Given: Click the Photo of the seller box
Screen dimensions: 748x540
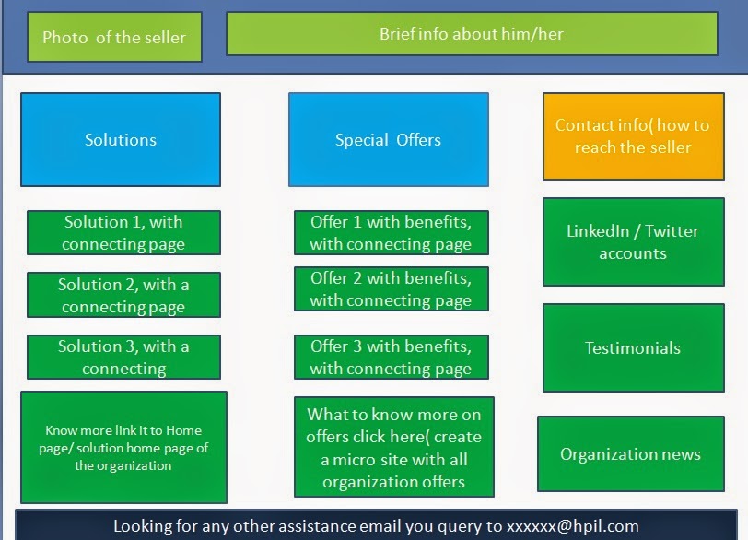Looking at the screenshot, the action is click(114, 37).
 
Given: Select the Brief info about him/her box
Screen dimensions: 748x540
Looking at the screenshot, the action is click(471, 34).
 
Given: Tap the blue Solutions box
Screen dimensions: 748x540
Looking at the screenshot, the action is click(121, 139).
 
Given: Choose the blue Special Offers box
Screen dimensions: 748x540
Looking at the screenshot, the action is click(388, 139).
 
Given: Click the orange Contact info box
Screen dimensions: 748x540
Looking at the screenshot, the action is click(632, 136).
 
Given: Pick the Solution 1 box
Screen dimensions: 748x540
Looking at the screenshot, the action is click(123, 232).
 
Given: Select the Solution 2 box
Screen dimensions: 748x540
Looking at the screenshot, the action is click(123, 295).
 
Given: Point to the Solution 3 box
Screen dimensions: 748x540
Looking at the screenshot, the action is click(123, 357).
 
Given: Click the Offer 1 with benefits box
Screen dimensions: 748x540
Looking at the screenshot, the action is click(391, 232).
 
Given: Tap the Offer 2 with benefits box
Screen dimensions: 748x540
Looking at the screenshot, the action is click(391, 288).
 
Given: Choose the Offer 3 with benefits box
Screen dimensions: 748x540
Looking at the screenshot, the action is click(391, 357).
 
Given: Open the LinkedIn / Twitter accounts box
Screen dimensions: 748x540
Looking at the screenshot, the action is click(632, 241).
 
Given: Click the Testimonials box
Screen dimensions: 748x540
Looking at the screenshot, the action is click(632, 347).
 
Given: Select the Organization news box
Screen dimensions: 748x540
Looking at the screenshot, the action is click(630, 453).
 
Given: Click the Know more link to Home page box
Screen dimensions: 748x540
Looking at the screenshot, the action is click(123, 447).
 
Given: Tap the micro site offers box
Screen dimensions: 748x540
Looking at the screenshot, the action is click(393, 448).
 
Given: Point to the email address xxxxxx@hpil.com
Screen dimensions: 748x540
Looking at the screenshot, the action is click(572, 526).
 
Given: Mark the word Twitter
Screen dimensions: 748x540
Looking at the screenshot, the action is click(672, 231).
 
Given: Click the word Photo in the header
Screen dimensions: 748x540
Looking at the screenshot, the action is click(65, 38).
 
